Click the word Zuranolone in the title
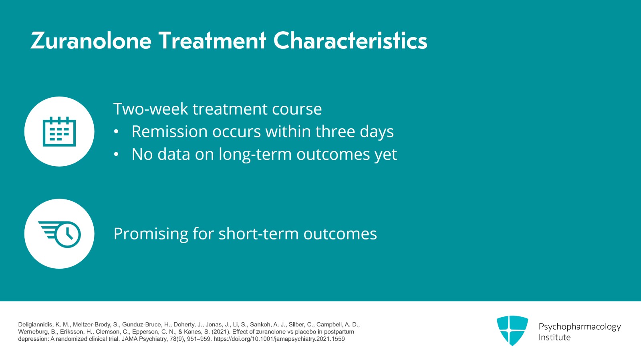tap(91, 41)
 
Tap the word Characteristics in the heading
tap(350, 41)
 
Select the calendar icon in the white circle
tap(59, 131)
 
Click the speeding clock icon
tap(60, 234)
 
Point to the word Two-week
tap(151, 109)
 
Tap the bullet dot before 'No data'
tap(116, 155)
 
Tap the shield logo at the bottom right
tap(512, 330)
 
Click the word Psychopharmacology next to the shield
tap(579, 327)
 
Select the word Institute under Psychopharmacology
tap(554, 338)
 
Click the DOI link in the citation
tap(279, 339)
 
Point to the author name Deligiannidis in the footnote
tap(35, 325)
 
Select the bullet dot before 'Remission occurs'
tap(116, 132)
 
